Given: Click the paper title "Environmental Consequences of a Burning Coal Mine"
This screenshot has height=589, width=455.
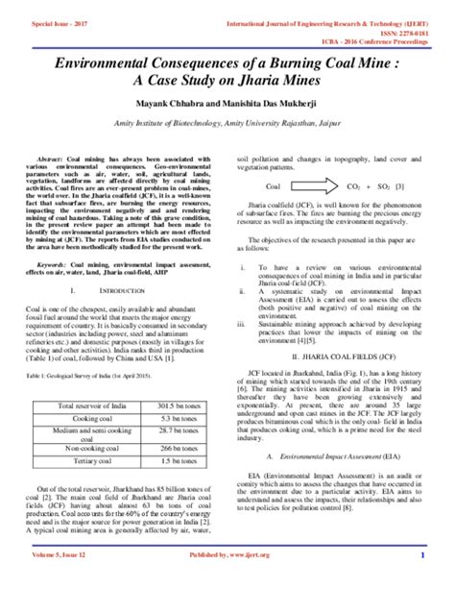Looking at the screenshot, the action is click(x=227, y=62).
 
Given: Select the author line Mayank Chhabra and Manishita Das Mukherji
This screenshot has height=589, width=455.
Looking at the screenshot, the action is click(x=227, y=104).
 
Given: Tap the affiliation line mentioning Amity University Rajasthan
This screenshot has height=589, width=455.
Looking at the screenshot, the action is click(x=227, y=125).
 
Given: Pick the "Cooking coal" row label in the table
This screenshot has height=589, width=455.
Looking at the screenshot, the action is click(x=89, y=420).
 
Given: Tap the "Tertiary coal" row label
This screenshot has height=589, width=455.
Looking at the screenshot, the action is click(x=89, y=460).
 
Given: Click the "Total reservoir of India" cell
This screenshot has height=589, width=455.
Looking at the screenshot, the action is click(x=89, y=406).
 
